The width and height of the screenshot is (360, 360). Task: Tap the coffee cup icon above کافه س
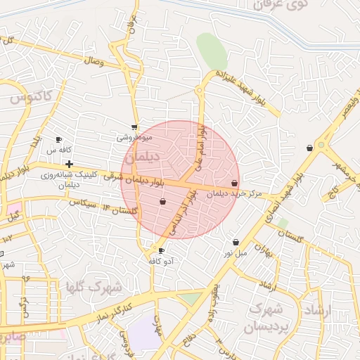(x=59, y=140)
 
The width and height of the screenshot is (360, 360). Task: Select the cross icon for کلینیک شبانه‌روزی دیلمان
(x=69, y=164)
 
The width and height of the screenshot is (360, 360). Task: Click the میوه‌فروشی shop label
(x=134, y=139)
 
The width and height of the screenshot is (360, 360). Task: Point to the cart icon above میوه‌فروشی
(x=134, y=128)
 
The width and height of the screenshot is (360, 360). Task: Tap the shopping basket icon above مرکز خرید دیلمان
(x=234, y=183)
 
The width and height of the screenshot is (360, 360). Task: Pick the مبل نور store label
(x=236, y=252)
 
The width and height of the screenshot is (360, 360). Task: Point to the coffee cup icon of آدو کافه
(x=162, y=251)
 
